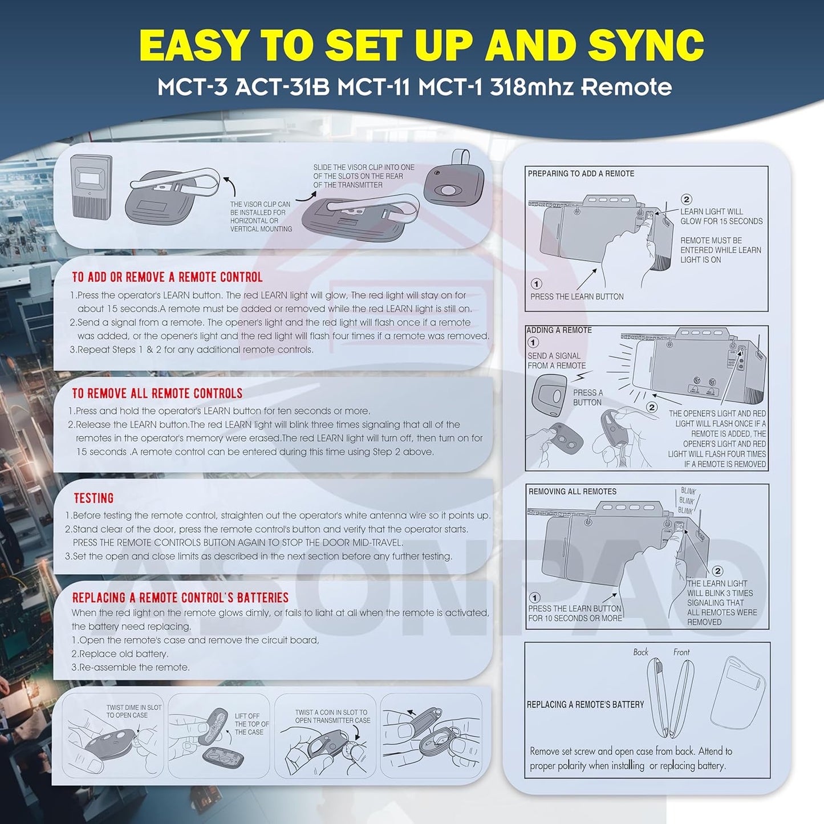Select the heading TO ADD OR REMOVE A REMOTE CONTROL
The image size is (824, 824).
167,277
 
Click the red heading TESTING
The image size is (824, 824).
94,498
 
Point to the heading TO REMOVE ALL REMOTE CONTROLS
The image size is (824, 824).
157,393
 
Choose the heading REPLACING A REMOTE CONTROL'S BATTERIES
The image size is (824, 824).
180,598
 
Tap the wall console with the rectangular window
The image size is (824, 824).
91,185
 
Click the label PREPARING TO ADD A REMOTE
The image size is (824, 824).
581,173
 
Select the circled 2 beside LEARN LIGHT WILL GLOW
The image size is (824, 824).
687,199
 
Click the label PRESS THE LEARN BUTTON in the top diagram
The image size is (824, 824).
577,297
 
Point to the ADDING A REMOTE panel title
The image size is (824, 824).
559,330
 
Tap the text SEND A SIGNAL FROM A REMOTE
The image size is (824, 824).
557,360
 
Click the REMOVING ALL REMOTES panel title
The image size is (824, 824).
572,492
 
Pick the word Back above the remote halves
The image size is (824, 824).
640,652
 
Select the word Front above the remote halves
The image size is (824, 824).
681,652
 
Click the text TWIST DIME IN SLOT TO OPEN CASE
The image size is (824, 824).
134,712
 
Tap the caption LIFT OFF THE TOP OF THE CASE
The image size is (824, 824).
251,724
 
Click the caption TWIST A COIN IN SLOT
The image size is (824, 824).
331,712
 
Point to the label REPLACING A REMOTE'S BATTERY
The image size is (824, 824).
585,704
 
